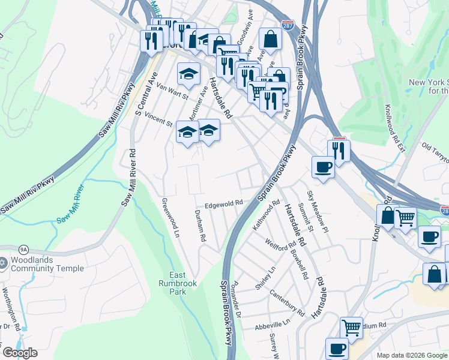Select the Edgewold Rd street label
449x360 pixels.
pyautogui.click(x=223, y=204)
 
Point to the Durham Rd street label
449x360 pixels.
pyautogui.click(x=200, y=226)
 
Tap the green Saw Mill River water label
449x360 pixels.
pyautogui.click(x=71, y=204)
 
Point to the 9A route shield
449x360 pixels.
pyautogui.click(x=23, y=249)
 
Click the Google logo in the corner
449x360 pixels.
pyautogui.click(x=20, y=353)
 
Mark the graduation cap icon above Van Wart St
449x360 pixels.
pyautogui.click(x=188, y=74)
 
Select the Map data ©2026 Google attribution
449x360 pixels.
pyautogui.click(x=411, y=355)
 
